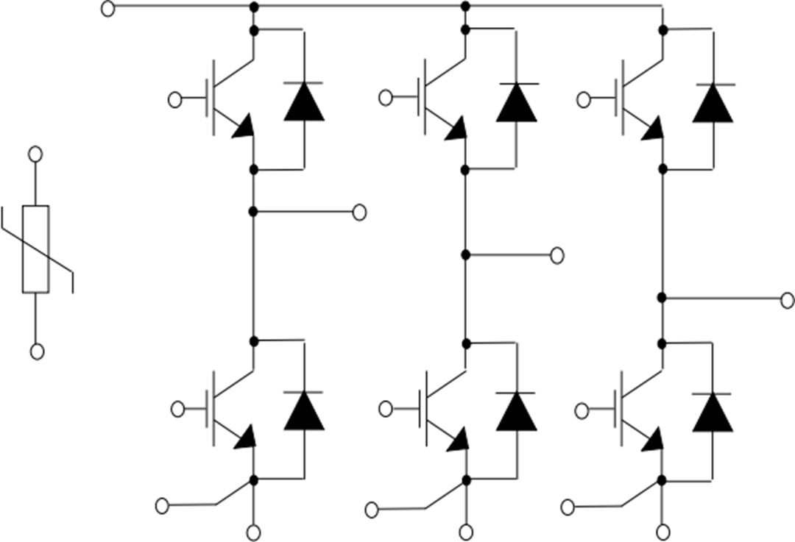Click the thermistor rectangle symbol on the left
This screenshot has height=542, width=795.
pos(35,249)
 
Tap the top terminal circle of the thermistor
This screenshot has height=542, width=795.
pos(35,154)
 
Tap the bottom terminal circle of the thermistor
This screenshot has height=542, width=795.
pos(37,352)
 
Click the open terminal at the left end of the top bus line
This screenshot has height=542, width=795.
pos(107,9)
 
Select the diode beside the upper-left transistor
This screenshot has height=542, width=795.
pos(304,102)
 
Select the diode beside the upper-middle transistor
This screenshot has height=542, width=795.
pos(516,102)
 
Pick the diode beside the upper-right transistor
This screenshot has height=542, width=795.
pos(713,103)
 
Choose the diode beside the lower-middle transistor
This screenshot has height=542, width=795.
pos(516,411)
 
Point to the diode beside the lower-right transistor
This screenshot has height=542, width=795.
pos(713,413)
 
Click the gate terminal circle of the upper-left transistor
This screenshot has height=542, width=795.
pos(174,100)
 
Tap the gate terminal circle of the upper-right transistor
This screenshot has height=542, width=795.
pos(584,100)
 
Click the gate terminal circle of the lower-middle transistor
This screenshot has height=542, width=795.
pos(385,410)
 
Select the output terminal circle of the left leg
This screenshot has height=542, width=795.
pos(360,212)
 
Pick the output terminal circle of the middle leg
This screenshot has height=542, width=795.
pos(557,255)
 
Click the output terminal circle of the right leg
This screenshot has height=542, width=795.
pos(787,299)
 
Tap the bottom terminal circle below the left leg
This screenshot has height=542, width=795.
pos(253,532)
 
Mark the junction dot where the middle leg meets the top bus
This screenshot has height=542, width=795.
pos(464,7)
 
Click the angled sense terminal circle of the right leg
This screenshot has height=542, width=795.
pos(568,507)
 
